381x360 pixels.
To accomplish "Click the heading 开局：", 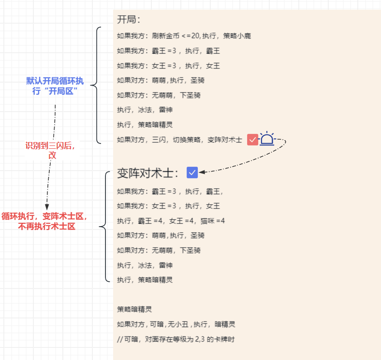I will click(x=129, y=20).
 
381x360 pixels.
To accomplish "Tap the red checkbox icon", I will click(x=252, y=140).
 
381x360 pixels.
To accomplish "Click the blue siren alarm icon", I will click(x=267, y=139).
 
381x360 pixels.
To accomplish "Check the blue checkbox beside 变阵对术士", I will click(x=192, y=172).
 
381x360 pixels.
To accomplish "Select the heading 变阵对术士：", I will click(x=148, y=173).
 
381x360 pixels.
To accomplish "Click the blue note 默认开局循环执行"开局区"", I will click(x=55, y=86).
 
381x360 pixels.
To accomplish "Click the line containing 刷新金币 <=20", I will click(x=184, y=36).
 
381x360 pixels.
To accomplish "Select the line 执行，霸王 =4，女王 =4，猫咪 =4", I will click(x=171, y=221).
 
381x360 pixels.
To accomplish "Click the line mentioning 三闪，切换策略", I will click(x=179, y=140).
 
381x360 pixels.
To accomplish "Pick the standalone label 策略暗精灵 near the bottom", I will click(x=134, y=309).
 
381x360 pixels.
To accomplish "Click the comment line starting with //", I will click(x=176, y=339).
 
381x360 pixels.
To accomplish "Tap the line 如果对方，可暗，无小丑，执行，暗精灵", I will click(x=176, y=324).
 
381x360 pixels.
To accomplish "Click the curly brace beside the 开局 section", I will click(x=96, y=86).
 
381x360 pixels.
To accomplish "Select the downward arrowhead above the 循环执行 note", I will click(x=47, y=206).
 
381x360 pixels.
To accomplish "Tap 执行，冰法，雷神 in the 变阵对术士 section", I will click(x=145, y=265).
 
